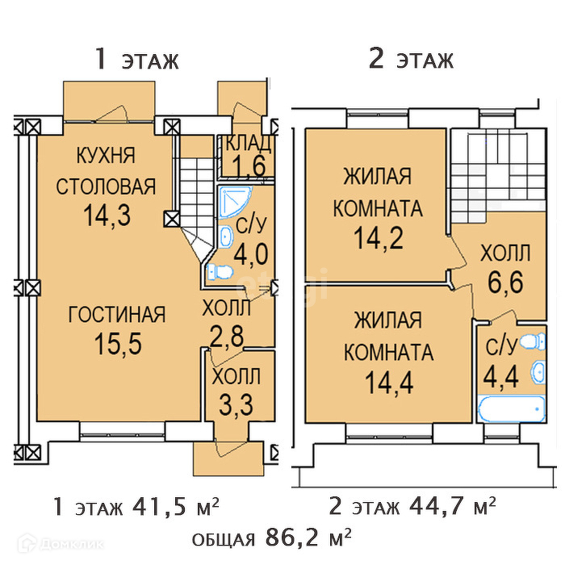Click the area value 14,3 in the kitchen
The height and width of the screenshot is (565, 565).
(x=107, y=216)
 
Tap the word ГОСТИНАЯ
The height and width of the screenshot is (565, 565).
(x=117, y=314)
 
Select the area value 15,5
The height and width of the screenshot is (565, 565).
(x=118, y=343)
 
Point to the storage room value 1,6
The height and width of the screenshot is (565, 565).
(x=249, y=165)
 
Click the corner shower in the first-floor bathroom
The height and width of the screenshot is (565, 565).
(x=233, y=202)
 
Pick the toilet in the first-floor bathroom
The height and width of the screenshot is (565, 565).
(x=220, y=272)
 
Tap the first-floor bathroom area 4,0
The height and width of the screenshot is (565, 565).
(x=251, y=254)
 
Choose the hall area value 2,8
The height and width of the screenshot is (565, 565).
(x=227, y=337)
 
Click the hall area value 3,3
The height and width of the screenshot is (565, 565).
(x=236, y=405)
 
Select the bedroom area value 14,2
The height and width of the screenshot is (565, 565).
(x=378, y=238)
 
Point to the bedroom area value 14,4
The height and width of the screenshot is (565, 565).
(x=389, y=383)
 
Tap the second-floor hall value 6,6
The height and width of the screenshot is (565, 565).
(x=505, y=282)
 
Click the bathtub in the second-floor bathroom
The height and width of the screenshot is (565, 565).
(x=511, y=409)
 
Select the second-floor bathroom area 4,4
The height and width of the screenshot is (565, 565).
(x=501, y=377)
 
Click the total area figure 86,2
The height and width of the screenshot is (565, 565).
(x=291, y=538)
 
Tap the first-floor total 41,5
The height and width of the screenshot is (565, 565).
(x=160, y=507)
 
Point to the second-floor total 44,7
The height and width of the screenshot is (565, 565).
(x=436, y=506)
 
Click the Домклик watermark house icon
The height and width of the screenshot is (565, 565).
(x=27, y=543)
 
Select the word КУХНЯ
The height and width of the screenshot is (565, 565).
(x=106, y=155)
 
